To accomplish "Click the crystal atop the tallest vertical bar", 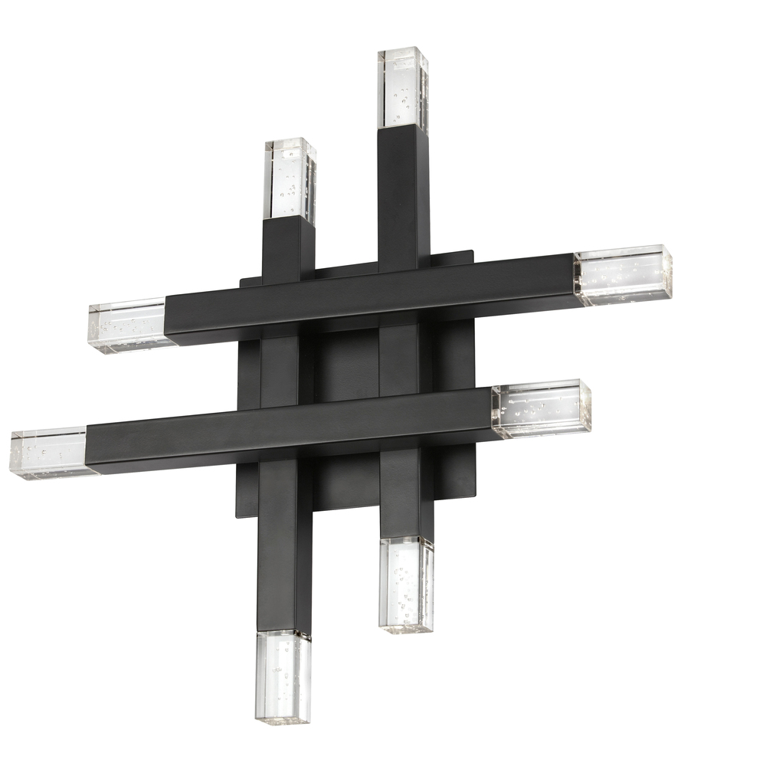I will point(402,88).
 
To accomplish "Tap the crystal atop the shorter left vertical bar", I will point(290,180).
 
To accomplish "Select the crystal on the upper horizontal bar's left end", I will point(129,326).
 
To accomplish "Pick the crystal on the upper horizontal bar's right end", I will point(622,274).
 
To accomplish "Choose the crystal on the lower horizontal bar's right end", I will point(541,408).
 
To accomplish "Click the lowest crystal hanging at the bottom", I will point(283,676).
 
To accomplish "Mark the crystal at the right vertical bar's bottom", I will point(406,584).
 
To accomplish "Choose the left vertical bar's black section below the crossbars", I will point(284,544).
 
